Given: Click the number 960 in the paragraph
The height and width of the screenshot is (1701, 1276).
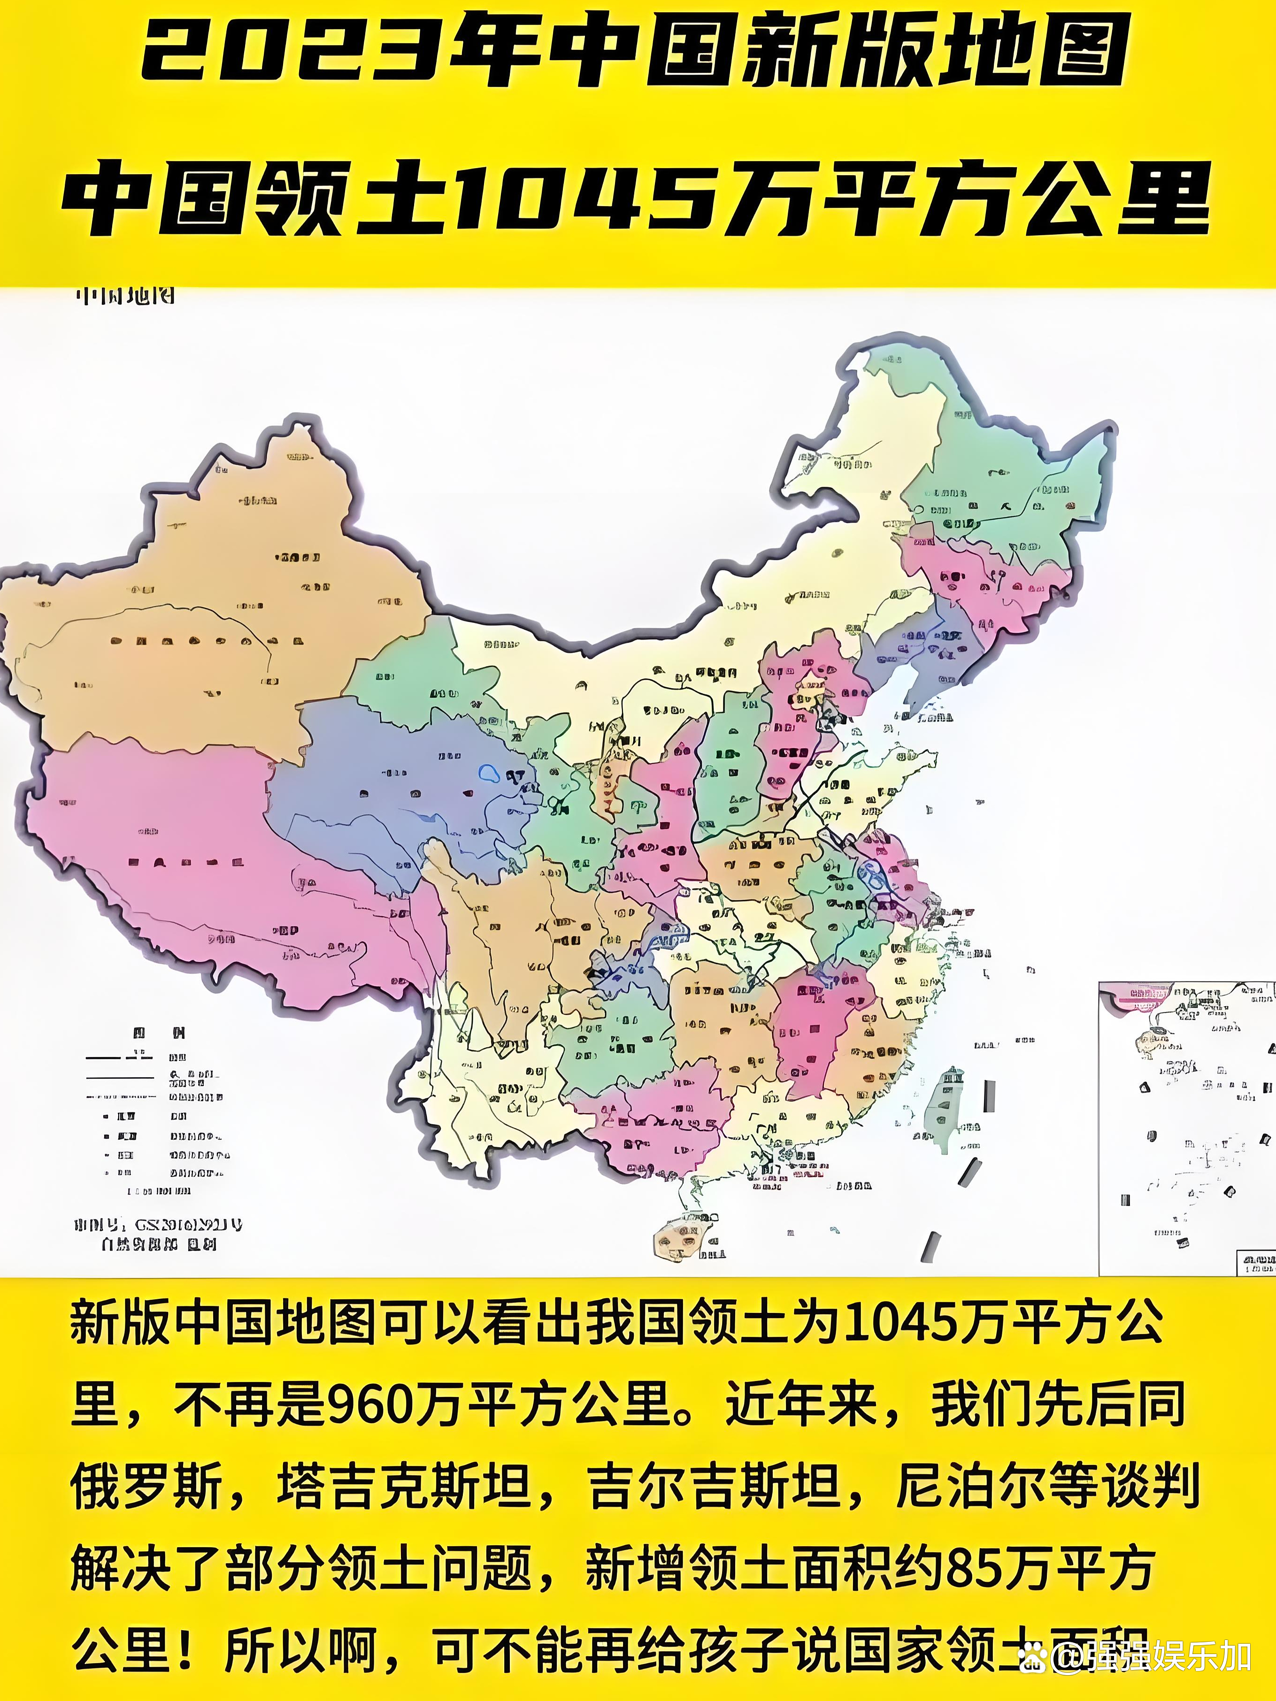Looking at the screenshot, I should pyautogui.click(x=369, y=1407).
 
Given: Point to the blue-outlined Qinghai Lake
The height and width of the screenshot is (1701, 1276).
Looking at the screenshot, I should pyautogui.click(x=488, y=771).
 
